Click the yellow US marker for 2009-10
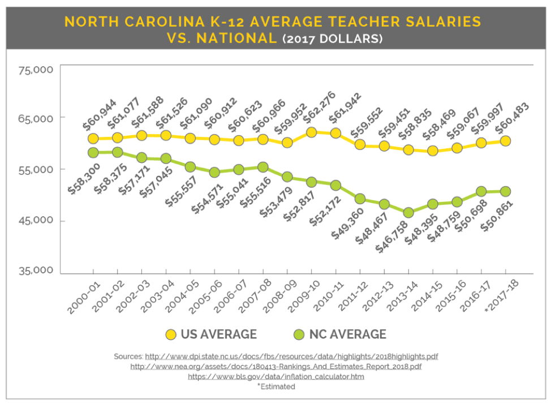(x=311, y=132)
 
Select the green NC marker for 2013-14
(x=408, y=213)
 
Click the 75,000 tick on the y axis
(x=36, y=70)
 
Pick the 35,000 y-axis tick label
(x=36, y=270)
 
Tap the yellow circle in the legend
(x=169, y=334)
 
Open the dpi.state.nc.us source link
(x=291, y=357)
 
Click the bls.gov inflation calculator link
(x=275, y=377)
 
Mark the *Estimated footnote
(x=275, y=386)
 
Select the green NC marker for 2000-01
(x=93, y=153)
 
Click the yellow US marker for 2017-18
(x=505, y=141)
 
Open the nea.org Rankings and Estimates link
(x=275, y=367)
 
